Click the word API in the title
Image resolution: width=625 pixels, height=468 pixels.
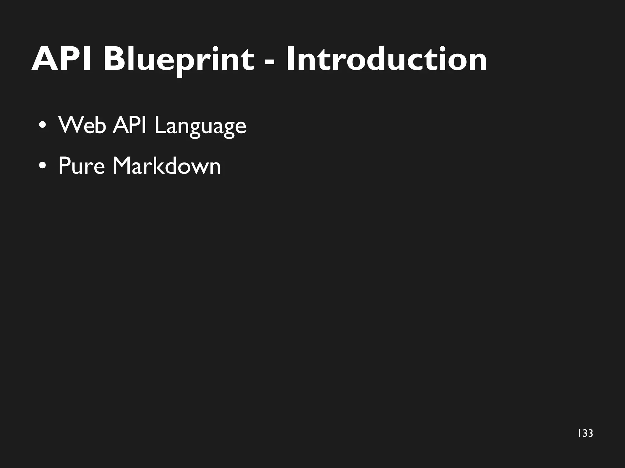coord(61,59)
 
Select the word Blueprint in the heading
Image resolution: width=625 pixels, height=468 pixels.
coord(179,59)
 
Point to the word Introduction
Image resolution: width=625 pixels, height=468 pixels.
coord(386,59)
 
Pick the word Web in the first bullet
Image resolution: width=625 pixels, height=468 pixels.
coord(82,125)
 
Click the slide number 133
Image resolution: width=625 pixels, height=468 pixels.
coord(585,433)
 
